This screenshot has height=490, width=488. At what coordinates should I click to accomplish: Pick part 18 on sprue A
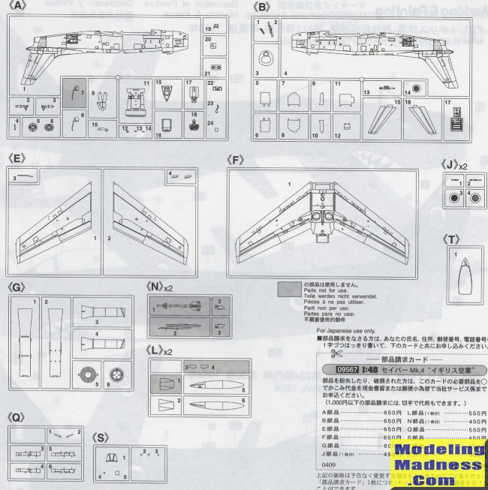click(x=193, y=125)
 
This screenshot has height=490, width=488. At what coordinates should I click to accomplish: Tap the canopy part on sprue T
click(x=465, y=275)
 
